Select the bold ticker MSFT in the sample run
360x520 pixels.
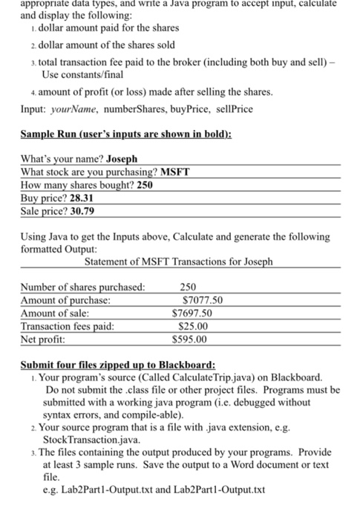175,172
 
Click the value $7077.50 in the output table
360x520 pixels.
203,301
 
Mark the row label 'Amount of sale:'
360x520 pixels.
56,314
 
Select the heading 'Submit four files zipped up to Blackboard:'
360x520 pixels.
118,365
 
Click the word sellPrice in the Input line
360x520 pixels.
232,108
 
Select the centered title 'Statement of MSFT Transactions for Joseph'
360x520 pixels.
179,262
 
